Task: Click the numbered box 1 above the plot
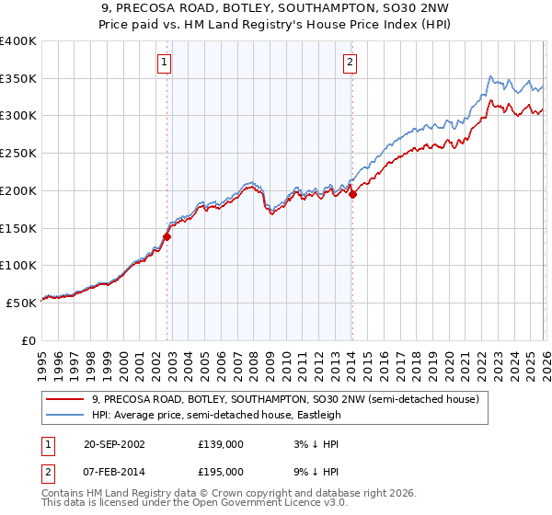(x=164, y=63)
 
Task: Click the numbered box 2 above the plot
(x=351, y=63)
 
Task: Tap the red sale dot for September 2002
(x=167, y=236)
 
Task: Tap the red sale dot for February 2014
(x=352, y=194)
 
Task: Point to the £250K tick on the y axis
(x=18, y=154)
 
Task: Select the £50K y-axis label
(x=22, y=303)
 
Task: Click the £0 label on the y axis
(x=29, y=340)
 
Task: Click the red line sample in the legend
(x=66, y=400)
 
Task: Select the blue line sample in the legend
(x=66, y=416)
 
